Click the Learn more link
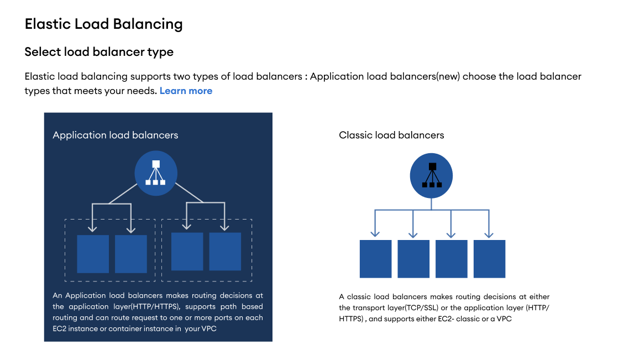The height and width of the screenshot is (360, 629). (186, 91)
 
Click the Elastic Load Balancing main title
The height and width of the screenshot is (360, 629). (103, 24)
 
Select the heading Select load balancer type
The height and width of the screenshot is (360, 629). (99, 52)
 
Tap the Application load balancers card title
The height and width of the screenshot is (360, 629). (116, 135)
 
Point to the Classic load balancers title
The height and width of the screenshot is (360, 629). (391, 135)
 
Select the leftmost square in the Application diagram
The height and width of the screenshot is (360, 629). (93, 254)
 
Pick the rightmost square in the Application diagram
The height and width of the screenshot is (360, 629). (225, 252)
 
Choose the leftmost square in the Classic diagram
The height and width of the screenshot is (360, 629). (375, 259)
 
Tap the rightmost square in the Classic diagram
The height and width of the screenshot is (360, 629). (489, 259)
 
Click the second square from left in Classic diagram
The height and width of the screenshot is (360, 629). (413, 259)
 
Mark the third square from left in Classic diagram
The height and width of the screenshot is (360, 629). (452, 259)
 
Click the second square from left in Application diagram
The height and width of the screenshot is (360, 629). (131, 254)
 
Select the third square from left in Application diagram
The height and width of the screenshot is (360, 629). (187, 252)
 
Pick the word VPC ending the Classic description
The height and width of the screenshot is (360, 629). (504, 319)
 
